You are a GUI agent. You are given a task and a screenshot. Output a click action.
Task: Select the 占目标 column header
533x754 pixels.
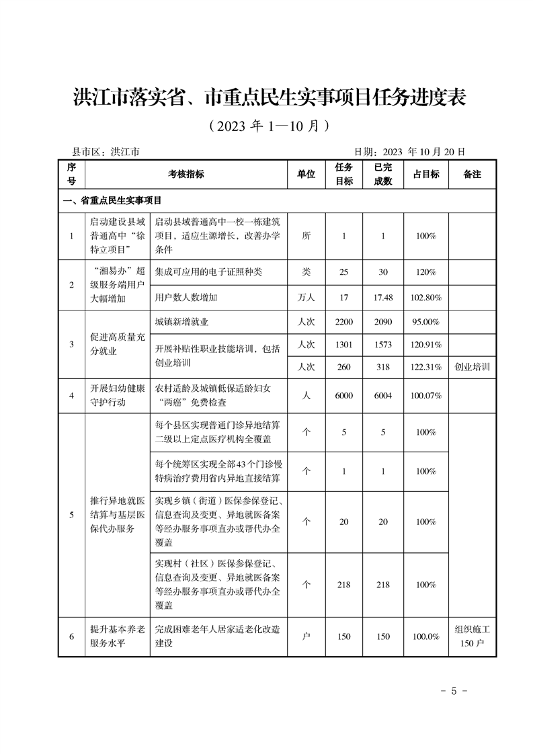coord(425,174)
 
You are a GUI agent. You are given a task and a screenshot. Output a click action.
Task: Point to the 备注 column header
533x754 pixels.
coord(473,174)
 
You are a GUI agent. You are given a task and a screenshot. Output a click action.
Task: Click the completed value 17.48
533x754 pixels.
coord(383,297)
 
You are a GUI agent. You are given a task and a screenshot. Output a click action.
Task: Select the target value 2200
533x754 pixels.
coord(343,322)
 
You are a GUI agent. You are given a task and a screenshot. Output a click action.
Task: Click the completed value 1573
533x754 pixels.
coord(383,345)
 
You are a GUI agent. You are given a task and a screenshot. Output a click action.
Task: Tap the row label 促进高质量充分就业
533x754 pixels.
coord(117,345)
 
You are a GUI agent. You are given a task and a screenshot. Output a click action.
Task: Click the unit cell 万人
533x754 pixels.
coord(306,297)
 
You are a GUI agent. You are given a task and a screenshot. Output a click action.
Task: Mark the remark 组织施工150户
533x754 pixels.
coord(473,636)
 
